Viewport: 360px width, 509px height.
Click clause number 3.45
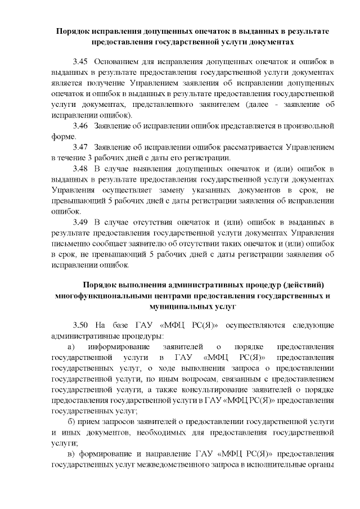pyautogui.click(x=80, y=60)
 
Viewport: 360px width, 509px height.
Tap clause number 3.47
pyautogui.click(x=80, y=146)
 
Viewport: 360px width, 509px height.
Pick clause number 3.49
pyautogui.click(x=80, y=222)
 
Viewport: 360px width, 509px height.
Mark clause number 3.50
pyautogui.click(x=80, y=325)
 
